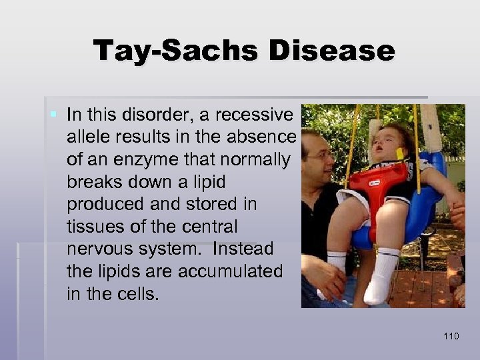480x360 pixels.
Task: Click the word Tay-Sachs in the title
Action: pos(176,51)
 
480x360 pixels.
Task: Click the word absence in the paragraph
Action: pos(263,138)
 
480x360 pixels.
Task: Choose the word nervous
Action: pos(101,249)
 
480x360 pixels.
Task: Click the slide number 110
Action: pos(451,336)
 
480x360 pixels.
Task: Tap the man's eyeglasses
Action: pos(319,155)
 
